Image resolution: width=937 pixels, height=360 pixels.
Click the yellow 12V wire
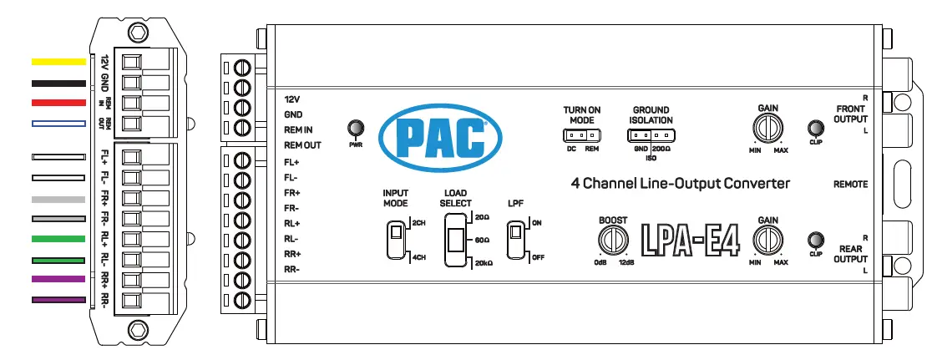click(x=58, y=62)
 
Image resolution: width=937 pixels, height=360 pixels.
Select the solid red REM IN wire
click(x=58, y=103)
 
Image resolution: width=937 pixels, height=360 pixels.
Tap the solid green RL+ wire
click(x=58, y=239)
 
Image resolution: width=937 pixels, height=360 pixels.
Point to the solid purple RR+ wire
click(x=58, y=279)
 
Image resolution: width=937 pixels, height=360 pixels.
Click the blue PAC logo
click(x=433, y=136)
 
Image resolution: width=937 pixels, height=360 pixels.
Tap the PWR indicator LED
click(x=356, y=128)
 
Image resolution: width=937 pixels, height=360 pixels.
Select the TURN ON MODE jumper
click(x=581, y=134)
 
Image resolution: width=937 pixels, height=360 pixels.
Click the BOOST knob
click(x=613, y=240)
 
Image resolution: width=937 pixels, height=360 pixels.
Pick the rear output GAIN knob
click(x=767, y=240)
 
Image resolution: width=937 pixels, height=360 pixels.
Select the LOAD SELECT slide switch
click(x=456, y=240)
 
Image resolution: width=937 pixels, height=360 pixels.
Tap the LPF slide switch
click(x=519, y=241)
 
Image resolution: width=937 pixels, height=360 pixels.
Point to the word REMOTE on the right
click(x=850, y=184)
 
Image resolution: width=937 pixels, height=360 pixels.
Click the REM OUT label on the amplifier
click(x=302, y=145)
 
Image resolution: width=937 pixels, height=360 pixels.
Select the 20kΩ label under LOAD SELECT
click(x=484, y=263)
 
